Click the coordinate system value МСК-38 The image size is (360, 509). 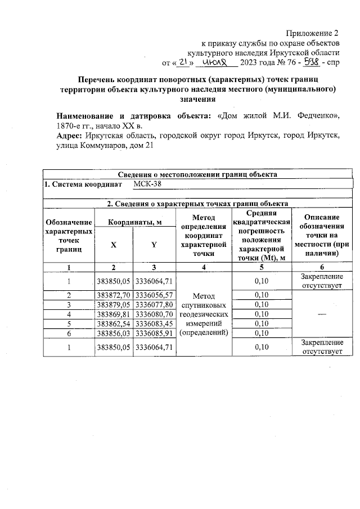pyautogui.click(x=148, y=184)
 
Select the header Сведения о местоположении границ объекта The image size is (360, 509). pyautogui.click(x=197, y=174)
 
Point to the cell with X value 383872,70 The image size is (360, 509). pyautogui.click(x=114, y=295)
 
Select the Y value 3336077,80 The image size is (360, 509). pyautogui.click(x=154, y=304)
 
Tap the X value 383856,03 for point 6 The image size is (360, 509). pyautogui.click(x=114, y=333)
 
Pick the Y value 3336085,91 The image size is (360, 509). pyautogui.click(x=154, y=333)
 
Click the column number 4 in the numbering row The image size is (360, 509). pyautogui.click(x=204, y=267)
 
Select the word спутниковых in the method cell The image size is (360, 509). pyautogui.click(x=204, y=304)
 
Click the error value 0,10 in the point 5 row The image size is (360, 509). pyautogui.click(x=260, y=323)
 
